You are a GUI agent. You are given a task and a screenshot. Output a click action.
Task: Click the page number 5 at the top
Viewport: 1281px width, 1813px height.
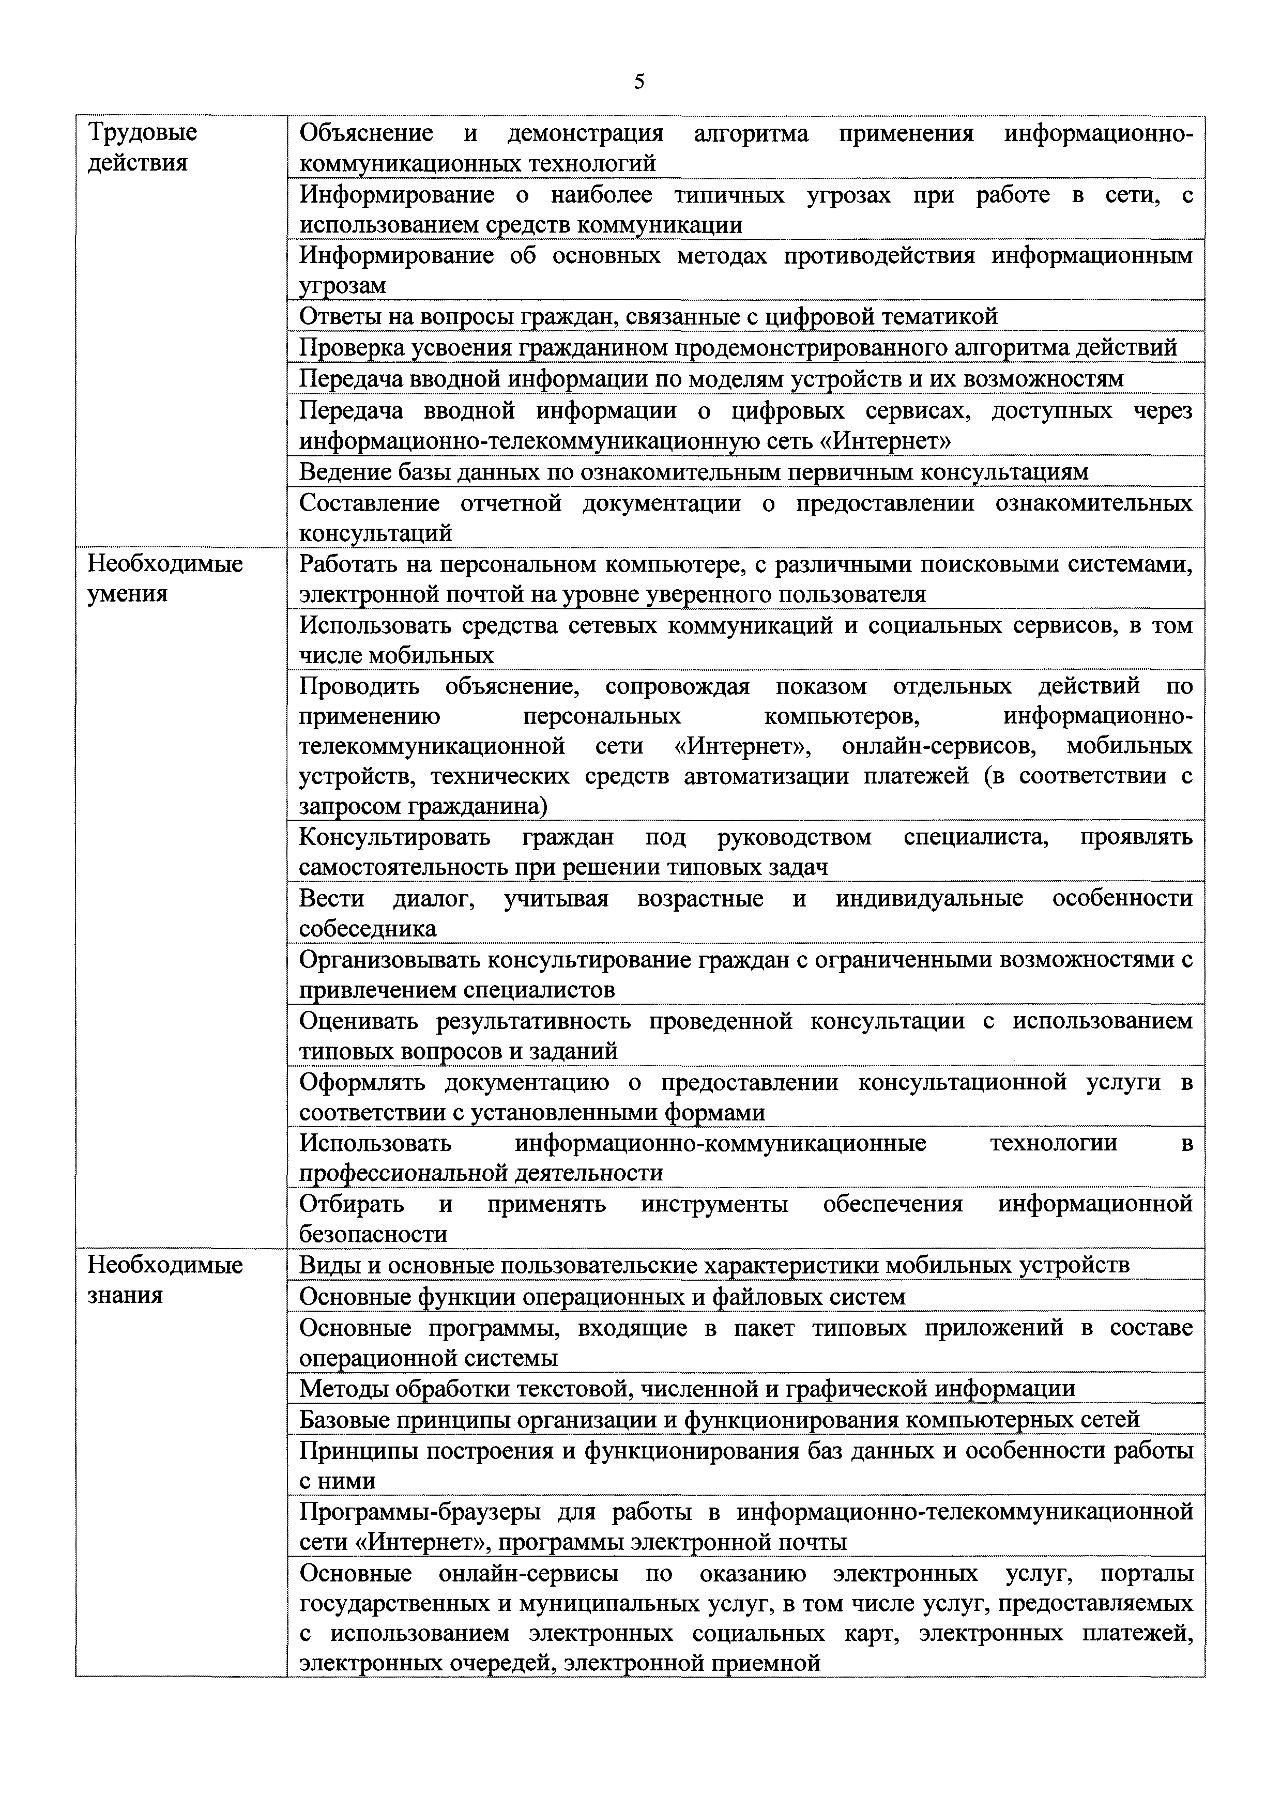(x=639, y=81)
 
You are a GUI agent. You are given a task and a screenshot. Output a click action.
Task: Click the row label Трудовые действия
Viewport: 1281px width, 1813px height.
(x=142, y=147)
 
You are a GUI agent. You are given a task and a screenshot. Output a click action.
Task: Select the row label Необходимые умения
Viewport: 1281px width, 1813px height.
(x=165, y=578)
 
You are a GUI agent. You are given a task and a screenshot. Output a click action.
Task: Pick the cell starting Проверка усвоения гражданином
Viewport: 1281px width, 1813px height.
(x=738, y=347)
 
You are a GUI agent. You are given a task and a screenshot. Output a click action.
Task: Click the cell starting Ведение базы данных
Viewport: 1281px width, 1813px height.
(x=693, y=471)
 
